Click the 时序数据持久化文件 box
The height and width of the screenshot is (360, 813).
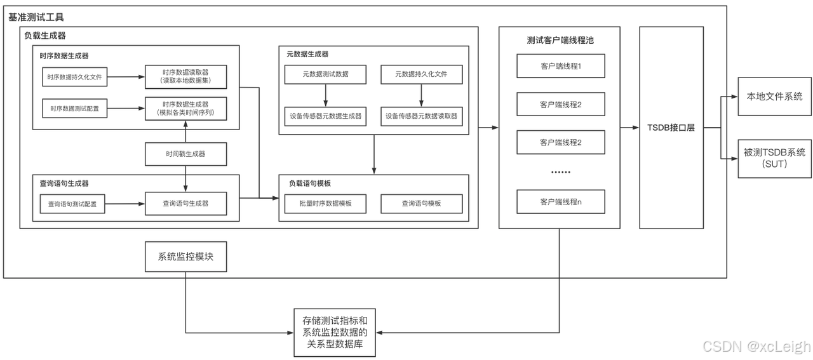point(74,78)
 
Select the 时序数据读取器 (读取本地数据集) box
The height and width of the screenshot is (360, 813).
point(185,78)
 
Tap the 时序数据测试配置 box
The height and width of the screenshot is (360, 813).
point(74,109)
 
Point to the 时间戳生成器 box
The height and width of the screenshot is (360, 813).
point(185,154)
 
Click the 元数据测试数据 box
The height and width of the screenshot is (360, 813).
point(325,74)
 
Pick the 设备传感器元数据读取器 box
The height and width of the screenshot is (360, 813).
point(421,116)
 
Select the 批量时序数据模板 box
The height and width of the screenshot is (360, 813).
point(325,204)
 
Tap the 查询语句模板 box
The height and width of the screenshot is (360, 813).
point(421,204)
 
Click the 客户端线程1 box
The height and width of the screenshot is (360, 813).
point(561,65)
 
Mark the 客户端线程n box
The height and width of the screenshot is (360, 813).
point(561,202)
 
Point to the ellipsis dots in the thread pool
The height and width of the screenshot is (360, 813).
point(561,172)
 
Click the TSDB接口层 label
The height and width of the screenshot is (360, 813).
point(671,128)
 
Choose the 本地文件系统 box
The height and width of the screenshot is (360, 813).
point(774,97)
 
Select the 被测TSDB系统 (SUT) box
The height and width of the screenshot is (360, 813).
point(774,157)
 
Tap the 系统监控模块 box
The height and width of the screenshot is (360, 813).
point(185,258)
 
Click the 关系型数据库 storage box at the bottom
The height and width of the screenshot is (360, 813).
point(335,332)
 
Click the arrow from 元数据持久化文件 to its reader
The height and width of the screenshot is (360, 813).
point(421,95)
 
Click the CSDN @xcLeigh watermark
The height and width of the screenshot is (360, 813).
point(756,346)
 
